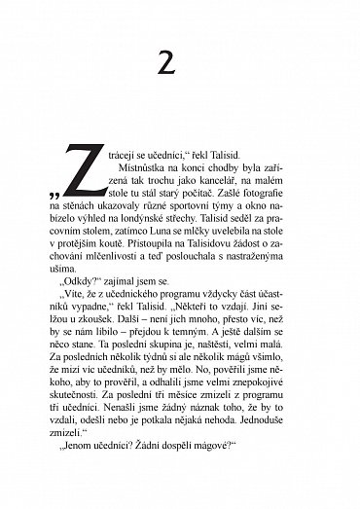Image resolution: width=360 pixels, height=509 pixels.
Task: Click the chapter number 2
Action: [180, 66]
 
